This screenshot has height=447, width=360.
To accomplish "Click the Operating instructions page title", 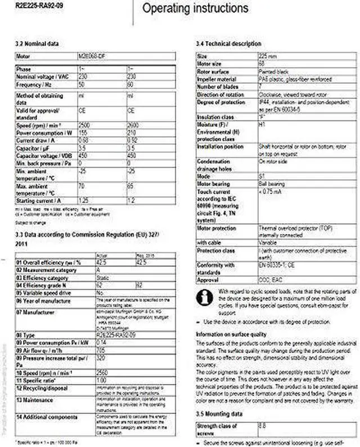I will point(195,8).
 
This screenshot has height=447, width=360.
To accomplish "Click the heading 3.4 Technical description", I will point(228,43).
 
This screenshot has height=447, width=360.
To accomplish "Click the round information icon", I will point(205,296).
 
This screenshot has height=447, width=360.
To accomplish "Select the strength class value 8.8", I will point(262,427).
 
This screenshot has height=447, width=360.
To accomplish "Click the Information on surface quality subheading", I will point(231,334).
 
